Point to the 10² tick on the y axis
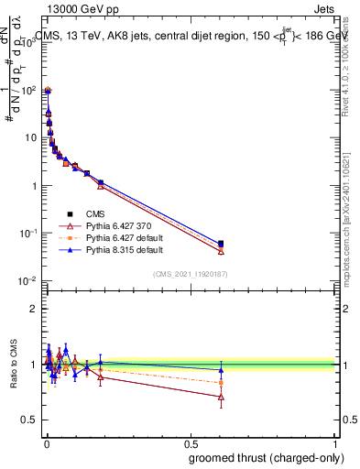[30, 91]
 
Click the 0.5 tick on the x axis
[190, 442]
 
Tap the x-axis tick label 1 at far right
[334, 442]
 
